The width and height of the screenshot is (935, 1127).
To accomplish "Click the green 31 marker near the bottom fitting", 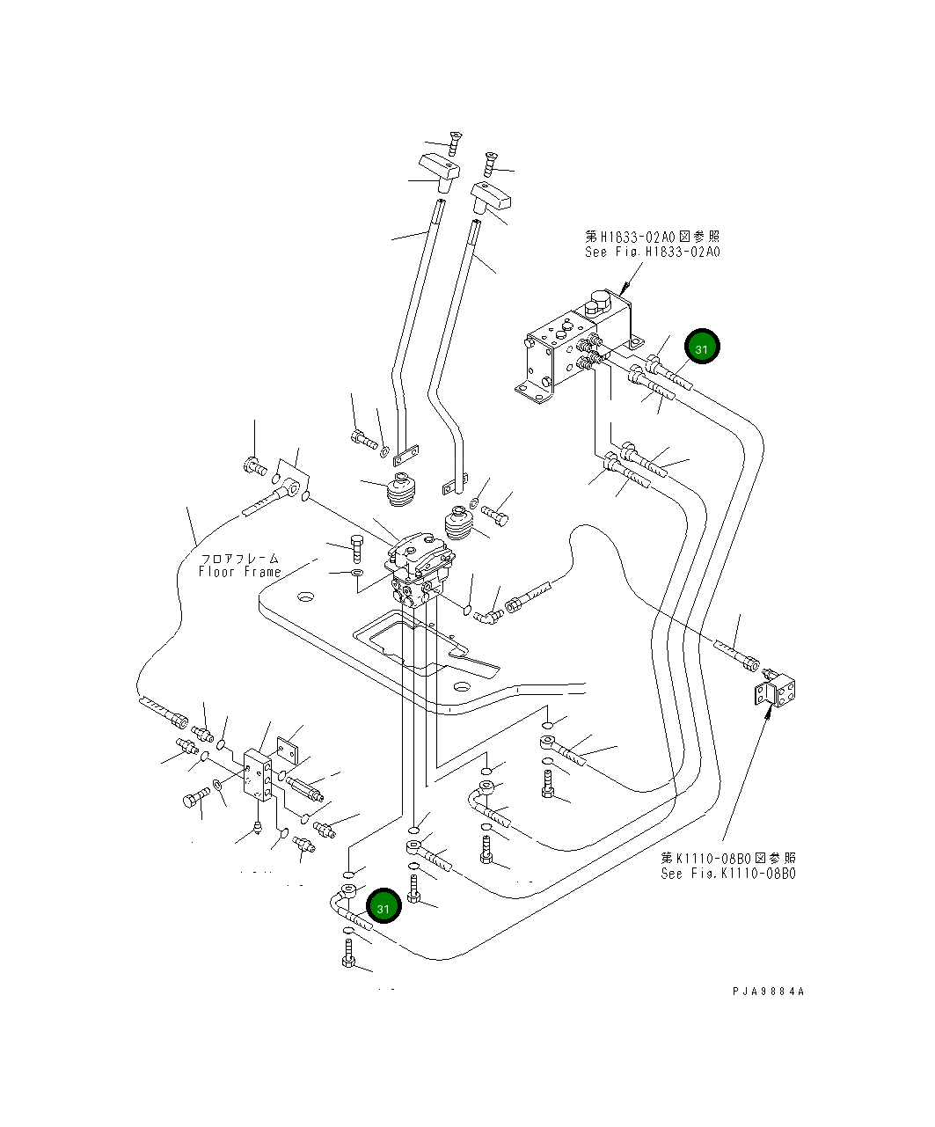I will (x=383, y=906).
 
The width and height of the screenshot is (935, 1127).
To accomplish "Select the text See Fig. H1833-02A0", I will (x=652, y=252).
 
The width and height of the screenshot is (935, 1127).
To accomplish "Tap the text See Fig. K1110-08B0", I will (x=728, y=874).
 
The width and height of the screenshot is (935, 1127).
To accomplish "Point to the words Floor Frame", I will (x=239, y=572).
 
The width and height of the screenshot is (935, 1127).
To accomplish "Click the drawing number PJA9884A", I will (x=768, y=992).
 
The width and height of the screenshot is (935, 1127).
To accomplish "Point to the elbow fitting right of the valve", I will (x=486, y=616).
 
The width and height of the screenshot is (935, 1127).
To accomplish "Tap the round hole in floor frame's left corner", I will (x=305, y=597).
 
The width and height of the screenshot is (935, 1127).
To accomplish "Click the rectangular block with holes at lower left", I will (x=260, y=775).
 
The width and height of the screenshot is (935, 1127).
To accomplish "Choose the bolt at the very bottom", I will (x=348, y=955).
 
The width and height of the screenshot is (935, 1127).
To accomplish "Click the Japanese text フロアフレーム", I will (x=239, y=558).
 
